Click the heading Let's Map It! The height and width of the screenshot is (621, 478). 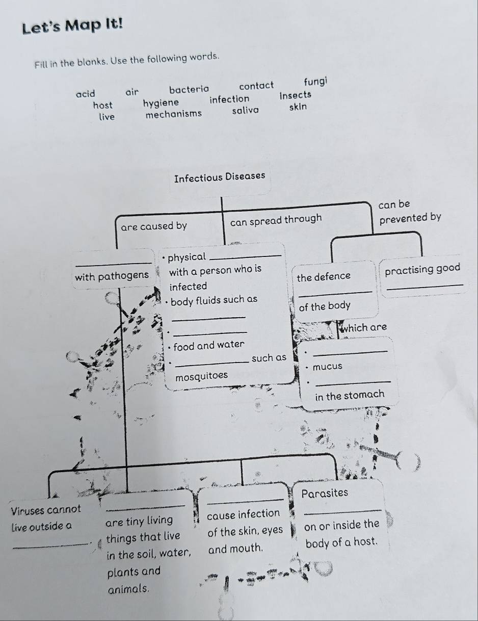pos(73,27)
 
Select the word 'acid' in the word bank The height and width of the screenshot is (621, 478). pos(86,94)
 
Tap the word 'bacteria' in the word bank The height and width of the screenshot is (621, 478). pos(189,90)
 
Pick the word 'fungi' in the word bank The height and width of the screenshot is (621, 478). pos(315,82)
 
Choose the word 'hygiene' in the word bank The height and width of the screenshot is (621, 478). pos(161,103)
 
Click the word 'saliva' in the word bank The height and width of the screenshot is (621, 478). pos(246,110)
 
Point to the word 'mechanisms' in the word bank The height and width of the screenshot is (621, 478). pos(174,114)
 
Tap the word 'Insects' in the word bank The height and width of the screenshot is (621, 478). pos(296,95)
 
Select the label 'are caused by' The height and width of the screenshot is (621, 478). pos(154,226)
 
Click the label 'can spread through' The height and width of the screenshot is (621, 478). pos(276,220)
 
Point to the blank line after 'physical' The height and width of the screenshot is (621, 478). pos(246,256)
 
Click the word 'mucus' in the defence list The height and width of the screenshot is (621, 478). pos(328,367)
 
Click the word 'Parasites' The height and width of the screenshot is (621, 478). pos(325,493)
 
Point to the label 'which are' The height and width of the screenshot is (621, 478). pos(364,327)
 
